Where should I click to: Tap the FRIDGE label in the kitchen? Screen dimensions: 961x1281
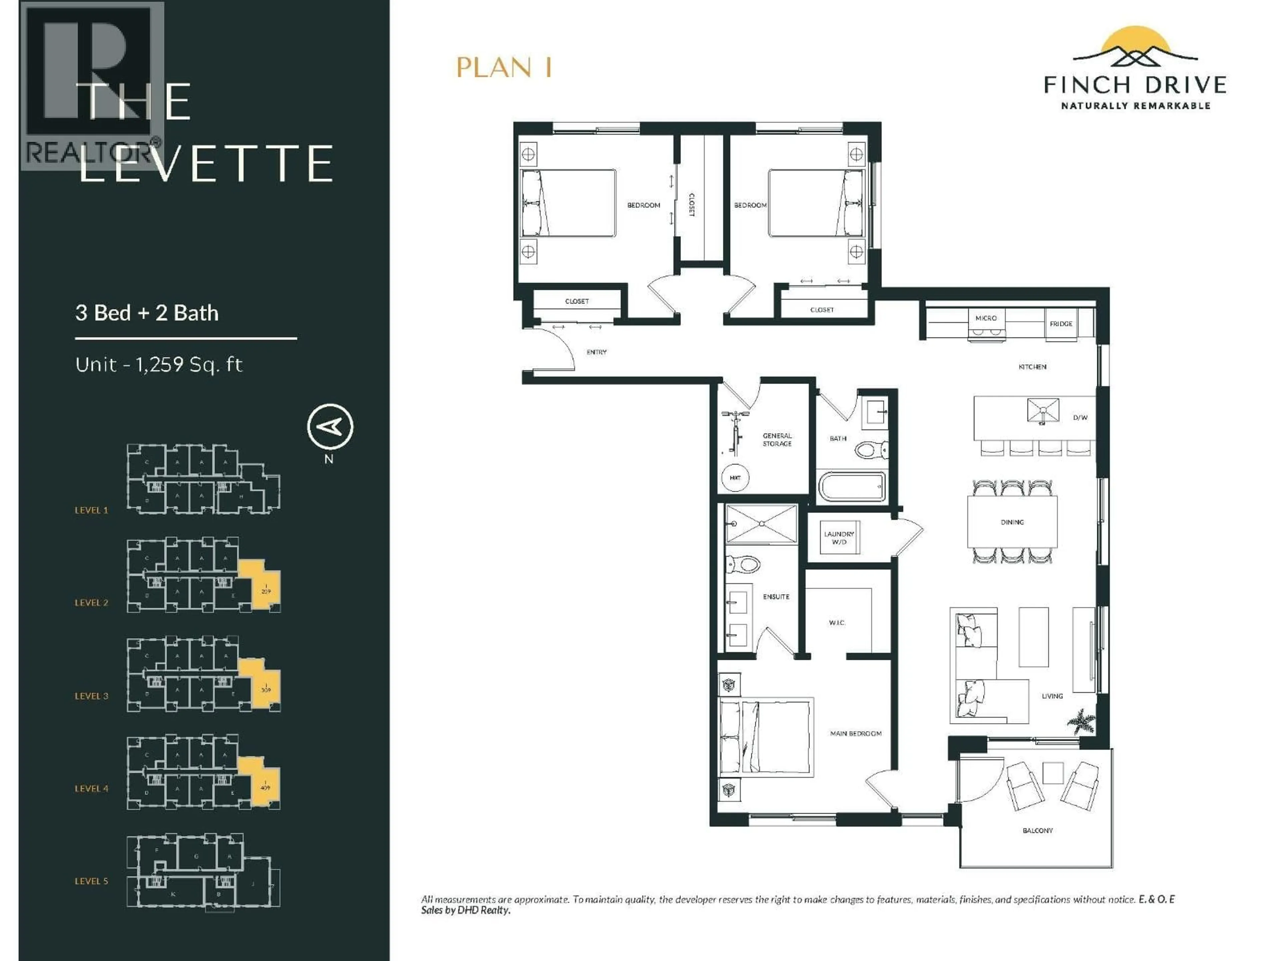tap(1060, 324)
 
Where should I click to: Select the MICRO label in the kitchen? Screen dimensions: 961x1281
tap(986, 318)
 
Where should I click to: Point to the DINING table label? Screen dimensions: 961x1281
tap(1012, 522)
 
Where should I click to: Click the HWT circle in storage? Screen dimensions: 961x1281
tap(735, 478)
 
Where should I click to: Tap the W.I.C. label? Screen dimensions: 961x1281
tap(836, 623)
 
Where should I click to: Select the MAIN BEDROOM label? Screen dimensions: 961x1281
tap(855, 733)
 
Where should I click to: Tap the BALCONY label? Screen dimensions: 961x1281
tap(1037, 830)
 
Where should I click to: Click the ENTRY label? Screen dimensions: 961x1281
tap(596, 352)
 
